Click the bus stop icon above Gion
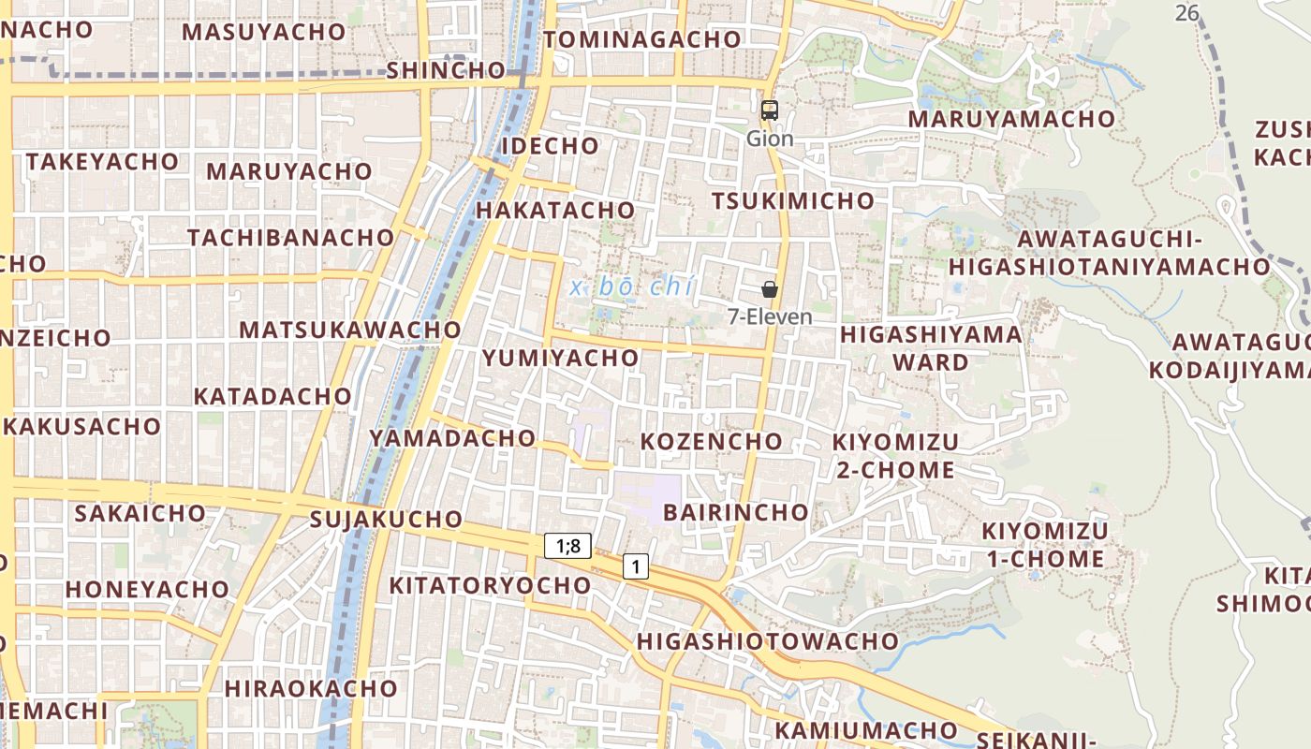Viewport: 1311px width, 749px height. (x=770, y=110)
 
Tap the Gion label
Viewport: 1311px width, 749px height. (x=770, y=140)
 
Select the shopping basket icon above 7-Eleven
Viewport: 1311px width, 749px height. (x=770, y=289)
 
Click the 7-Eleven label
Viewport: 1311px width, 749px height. (x=770, y=317)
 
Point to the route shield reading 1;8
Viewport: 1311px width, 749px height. (x=568, y=546)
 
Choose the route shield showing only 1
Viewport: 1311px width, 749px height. (x=636, y=565)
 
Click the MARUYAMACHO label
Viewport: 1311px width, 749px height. (x=1011, y=120)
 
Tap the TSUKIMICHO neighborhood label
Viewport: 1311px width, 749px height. (x=792, y=201)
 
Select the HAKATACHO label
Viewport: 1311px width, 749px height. (x=555, y=211)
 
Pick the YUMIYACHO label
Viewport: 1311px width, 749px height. (x=560, y=358)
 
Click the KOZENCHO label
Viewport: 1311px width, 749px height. (x=711, y=441)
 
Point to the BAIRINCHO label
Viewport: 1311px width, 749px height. (x=735, y=512)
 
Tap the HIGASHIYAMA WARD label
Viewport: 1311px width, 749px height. (x=931, y=348)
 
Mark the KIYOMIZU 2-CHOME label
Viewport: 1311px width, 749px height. (x=895, y=456)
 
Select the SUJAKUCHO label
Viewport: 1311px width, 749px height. (x=386, y=520)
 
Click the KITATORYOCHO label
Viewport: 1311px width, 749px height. (x=490, y=586)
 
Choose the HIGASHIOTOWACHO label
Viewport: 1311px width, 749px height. (x=767, y=642)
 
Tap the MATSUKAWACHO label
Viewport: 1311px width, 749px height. (x=350, y=330)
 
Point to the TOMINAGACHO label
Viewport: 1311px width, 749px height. (x=642, y=40)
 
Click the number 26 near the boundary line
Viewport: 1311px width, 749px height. (x=1187, y=13)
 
